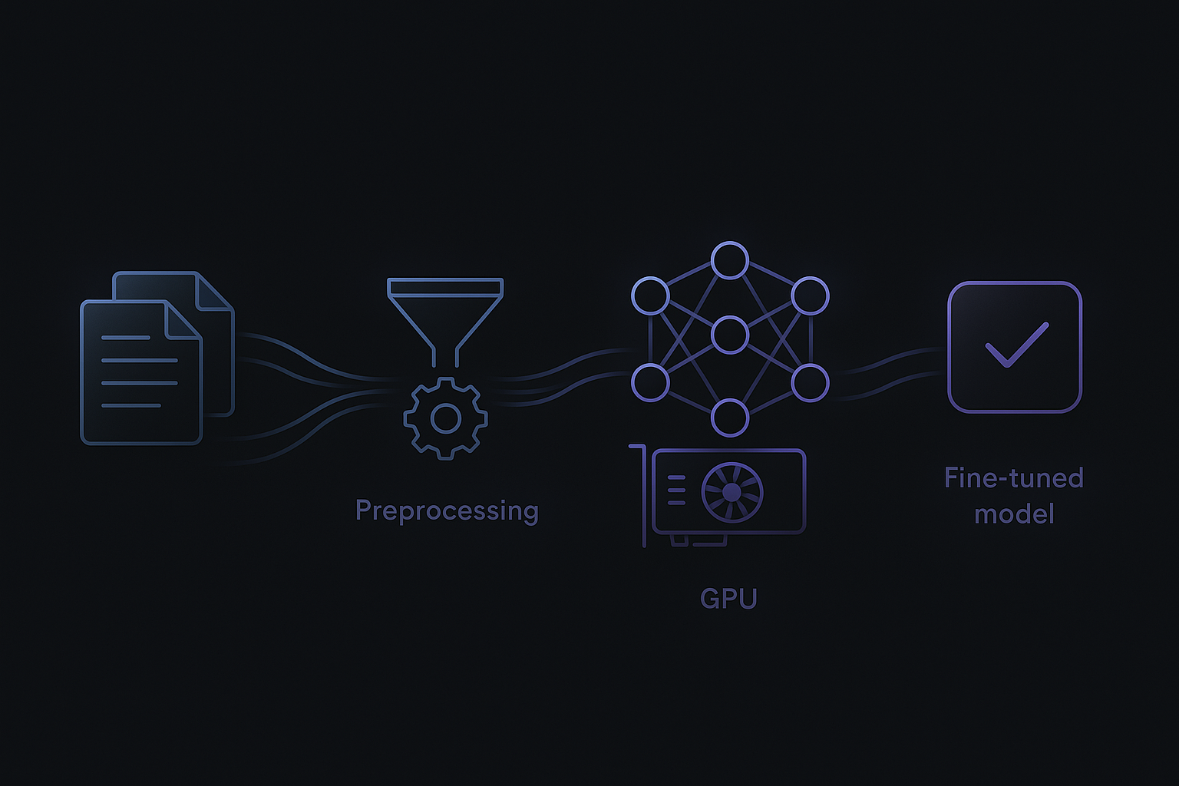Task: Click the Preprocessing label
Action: tap(447, 511)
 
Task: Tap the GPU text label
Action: tap(728, 599)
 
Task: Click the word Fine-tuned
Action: tap(1013, 478)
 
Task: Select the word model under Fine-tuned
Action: tap(1014, 514)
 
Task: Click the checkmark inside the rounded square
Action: tap(1015, 346)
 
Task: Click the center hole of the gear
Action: tap(446, 418)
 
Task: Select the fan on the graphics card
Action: tap(732, 492)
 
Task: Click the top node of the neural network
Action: tap(729, 260)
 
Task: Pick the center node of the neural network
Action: tap(729, 335)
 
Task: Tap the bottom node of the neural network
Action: tap(729, 418)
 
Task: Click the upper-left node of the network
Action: tap(650, 296)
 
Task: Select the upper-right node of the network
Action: tap(810, 296)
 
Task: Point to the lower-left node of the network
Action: tap(650, 382)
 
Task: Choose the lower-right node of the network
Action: tap(810, 382)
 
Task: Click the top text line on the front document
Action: tap(126, 338)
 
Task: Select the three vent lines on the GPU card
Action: tap(676, 490)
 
